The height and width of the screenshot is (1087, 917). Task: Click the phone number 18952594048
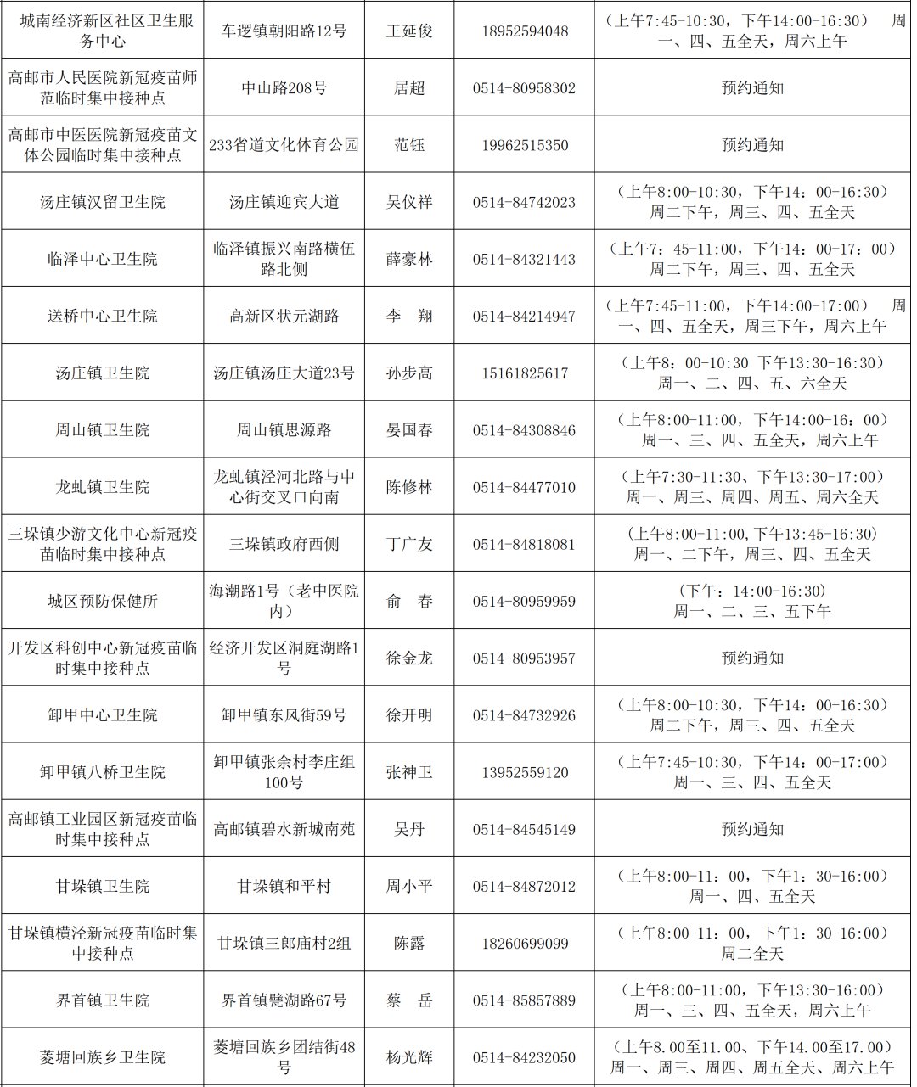(524, 31)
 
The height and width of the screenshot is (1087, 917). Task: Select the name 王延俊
(409, 31)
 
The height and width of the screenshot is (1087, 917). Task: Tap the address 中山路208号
(284, 88)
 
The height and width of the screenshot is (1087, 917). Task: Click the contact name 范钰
(409, 145)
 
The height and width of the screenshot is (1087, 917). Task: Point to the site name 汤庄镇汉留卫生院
(102, 202)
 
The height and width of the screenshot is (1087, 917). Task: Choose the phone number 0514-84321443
(524, 259)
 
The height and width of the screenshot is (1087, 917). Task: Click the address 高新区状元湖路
(284, 316)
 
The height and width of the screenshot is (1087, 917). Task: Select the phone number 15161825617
(524, 373)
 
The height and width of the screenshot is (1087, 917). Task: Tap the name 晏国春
(409, 430)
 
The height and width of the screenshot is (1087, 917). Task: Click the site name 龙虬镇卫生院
(102, 487)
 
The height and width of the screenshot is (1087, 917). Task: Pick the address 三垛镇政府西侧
(284, 544)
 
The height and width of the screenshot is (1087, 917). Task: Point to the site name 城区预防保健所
(102, 601)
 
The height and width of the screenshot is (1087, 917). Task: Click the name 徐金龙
(409, 658)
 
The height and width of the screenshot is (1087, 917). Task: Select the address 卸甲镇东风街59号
(284, 715)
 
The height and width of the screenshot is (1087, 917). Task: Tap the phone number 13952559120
(524, 772)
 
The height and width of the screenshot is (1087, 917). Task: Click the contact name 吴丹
(409, 829)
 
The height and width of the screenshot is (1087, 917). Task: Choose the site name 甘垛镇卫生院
(102, 886)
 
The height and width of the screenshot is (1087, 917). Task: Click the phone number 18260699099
(524, 944)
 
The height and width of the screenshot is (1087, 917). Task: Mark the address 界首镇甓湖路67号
(284, 1000)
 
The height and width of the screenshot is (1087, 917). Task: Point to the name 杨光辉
(409, 1057)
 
